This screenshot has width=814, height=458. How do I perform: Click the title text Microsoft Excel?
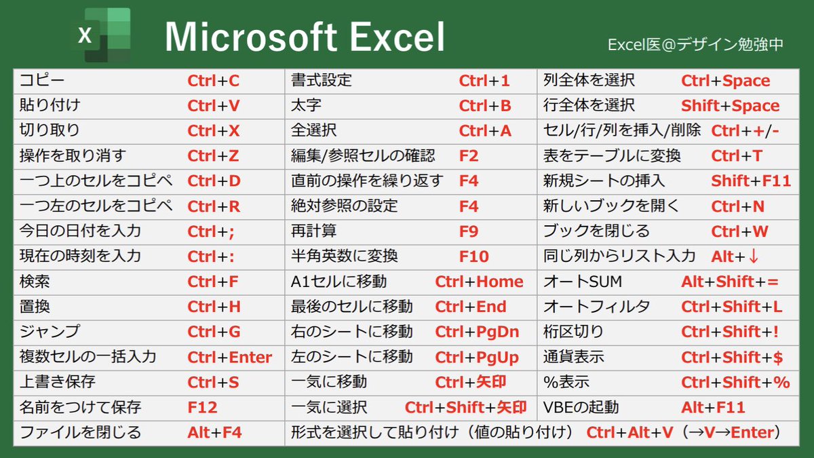pyautogui.click(x=305, y=37)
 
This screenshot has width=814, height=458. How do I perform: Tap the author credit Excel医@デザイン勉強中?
pyautogui.click(x=695, y=45)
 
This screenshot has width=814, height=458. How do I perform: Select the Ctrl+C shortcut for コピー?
pyautogui.click(x=214, y=81)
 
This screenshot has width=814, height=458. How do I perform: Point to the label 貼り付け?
pyautogui.click(x=50, y=106)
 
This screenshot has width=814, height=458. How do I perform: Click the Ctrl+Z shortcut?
pyautogui.click(x=213, y=156)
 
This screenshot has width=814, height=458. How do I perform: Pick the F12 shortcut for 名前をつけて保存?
pyautogui.click(x=202, y=408)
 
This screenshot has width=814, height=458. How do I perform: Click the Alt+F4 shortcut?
pyautogui.click(x=214, y=433)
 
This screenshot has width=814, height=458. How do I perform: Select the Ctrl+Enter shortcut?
pyautogui.click(x=230, y=358)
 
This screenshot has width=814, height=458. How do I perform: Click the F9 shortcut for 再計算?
pyautogui.click(x=469, y=231)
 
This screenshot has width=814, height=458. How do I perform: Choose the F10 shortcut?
pyautogui.click(x=473, y=256)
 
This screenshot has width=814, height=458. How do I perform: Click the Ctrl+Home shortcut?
pyautogui.click(x=480, y=282)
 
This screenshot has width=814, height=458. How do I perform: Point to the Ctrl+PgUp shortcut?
pyautogui.click(x=477, y=358)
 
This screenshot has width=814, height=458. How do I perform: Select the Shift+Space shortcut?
pyautogui.click(x=731, y=106)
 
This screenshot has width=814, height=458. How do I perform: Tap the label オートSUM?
pyautogui.click(x=573, y=282)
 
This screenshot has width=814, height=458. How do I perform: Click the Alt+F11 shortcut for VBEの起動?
pyautogui.click(x=713, y=408)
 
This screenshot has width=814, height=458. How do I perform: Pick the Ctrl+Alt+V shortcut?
pyautogui.click(x=630, y=433)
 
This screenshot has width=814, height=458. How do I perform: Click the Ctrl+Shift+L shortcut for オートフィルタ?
pyautogui.click(x=732, y=307)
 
